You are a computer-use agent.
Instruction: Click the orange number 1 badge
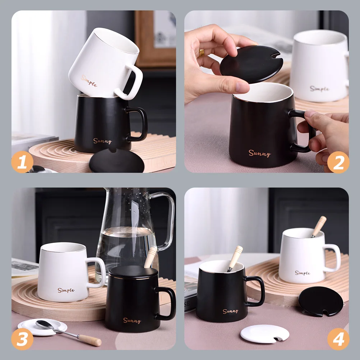22,162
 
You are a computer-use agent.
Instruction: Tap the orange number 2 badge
338,162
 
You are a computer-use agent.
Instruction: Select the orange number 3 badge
22,339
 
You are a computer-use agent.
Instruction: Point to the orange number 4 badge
338,339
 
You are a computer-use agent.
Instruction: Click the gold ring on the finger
202,53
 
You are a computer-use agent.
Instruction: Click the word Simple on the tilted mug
89,81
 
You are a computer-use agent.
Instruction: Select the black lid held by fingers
251,64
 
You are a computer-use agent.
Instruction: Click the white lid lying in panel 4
265,334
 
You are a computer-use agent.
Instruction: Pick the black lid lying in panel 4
320,301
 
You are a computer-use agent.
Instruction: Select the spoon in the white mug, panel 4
319,227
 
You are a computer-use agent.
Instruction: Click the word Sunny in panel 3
132,320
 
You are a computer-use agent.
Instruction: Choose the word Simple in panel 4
303,273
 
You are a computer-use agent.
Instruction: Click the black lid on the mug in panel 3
133,272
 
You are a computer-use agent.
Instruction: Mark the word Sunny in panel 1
102,141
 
